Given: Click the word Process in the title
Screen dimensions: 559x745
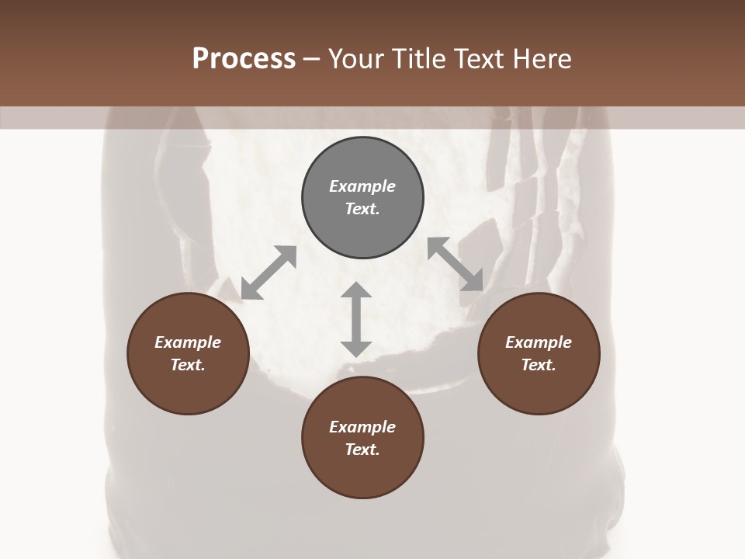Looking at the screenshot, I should [244, 59].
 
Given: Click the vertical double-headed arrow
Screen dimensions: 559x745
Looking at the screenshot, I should [356, 319].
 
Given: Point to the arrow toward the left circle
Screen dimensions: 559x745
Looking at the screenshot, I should [269, 273].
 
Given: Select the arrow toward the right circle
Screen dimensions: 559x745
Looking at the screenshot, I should [456, 264].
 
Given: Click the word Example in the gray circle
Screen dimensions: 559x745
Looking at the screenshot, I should [362, 186].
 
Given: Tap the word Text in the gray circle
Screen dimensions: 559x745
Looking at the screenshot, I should [362, 209].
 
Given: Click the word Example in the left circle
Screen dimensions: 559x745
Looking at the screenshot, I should [188, 342].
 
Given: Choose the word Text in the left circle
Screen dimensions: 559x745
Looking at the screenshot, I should [188, 365].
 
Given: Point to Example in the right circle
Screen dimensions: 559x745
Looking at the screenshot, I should [539, 342].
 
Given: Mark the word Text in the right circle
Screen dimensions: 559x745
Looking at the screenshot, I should [539, 365].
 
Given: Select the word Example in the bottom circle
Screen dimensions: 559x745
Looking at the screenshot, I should [362, 427].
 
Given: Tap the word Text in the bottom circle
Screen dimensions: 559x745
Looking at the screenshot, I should [362, 450].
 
